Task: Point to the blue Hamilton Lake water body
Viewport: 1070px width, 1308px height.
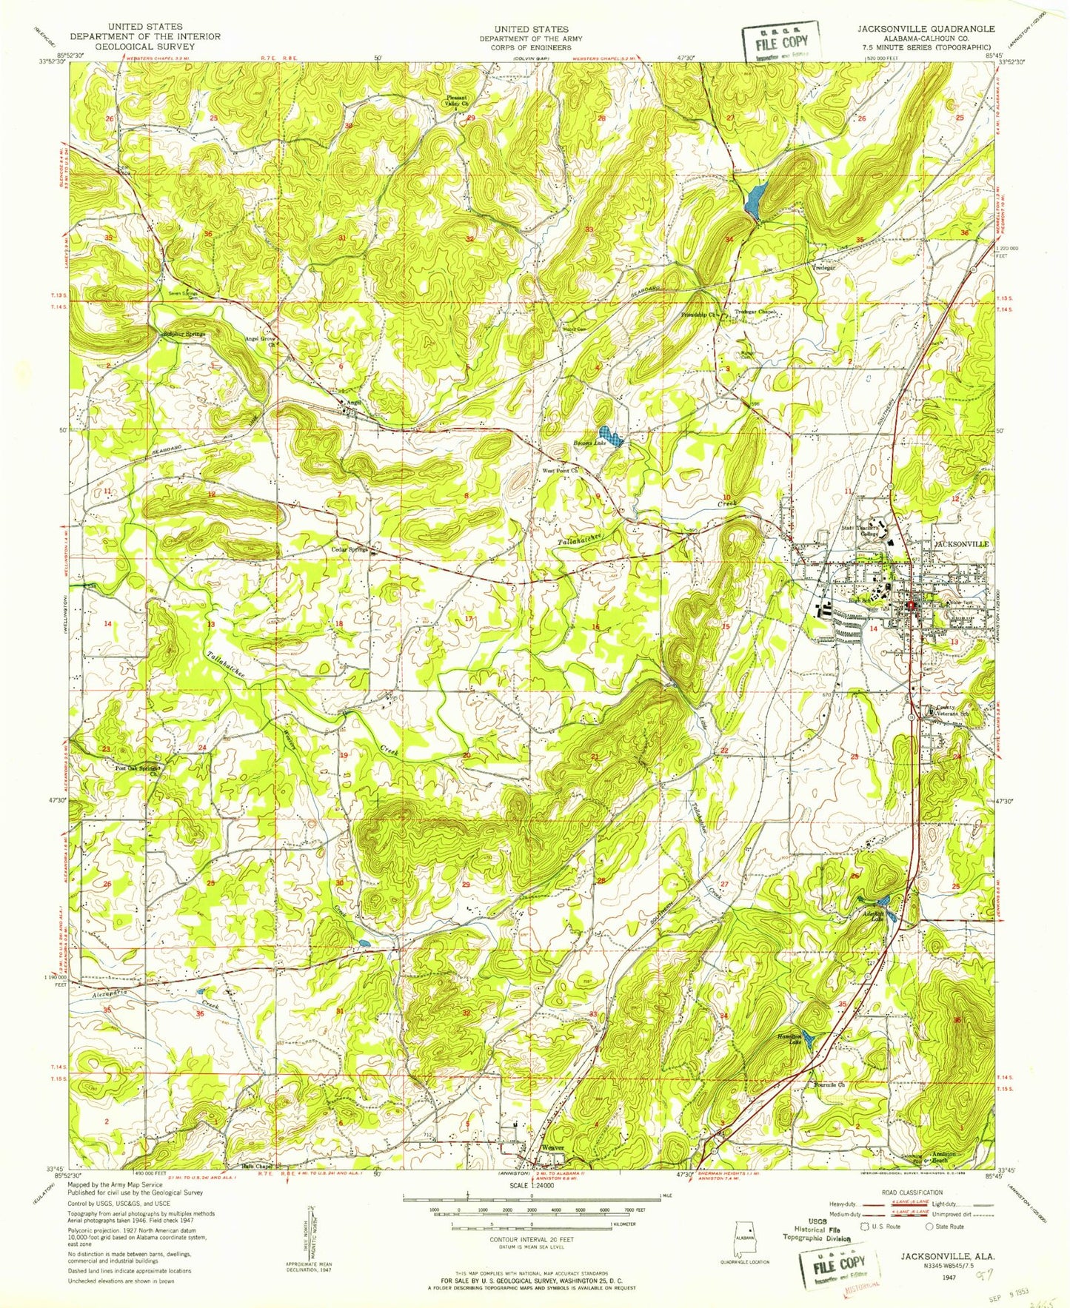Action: (x=809, y=1040)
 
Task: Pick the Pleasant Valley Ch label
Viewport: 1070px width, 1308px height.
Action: (x=458, y=101)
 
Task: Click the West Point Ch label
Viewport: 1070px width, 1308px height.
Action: (x=560, y=470)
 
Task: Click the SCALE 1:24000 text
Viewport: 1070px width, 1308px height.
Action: (x=529, y=1206)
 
